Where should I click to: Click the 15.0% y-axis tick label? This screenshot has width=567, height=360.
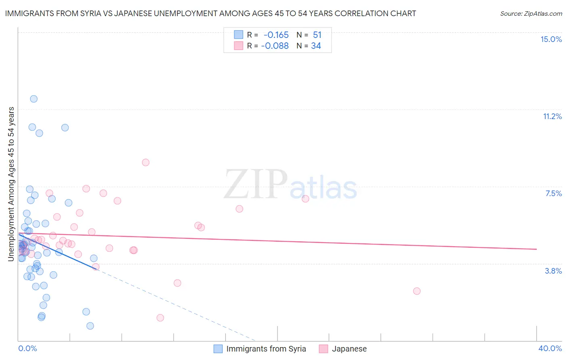[551, 39]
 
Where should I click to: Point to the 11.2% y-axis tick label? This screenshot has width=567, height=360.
[552, 116]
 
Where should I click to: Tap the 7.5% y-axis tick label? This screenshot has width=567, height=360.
[553, 193]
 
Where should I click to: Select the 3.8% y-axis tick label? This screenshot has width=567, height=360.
[553, 271]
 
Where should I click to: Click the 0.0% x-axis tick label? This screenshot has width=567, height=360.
[27, 348]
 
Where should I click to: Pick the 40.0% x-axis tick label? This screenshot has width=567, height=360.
[550, 348]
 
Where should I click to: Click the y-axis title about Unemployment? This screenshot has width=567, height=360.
[11, 184]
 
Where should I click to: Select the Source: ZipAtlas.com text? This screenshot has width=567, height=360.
[531, 14]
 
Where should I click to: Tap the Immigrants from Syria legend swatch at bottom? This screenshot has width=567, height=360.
[218, 349]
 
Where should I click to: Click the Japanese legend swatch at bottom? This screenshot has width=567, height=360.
[323, 349]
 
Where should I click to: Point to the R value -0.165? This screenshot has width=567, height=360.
[276, 35]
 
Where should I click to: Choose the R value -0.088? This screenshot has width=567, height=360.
[275, 46]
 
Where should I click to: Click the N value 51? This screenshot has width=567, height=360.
[317, 35]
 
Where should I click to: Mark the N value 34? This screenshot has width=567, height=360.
[316, 46]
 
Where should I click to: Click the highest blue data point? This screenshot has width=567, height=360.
[34, 99]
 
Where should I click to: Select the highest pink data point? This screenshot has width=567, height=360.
[146, 162]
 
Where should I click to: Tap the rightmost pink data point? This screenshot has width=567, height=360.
[417, 291]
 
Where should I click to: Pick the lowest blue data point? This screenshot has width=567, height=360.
[90, 326]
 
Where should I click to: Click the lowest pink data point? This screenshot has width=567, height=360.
[160, 318]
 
